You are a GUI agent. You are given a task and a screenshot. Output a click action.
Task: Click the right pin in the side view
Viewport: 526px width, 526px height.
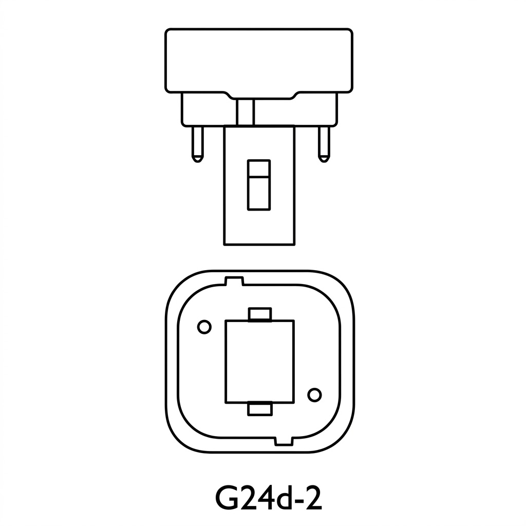click(324, 143)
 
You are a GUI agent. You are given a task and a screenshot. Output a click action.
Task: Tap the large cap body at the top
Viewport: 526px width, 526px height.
click(259, 59)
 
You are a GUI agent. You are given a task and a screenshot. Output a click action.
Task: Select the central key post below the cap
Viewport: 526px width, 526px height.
click(259, 226)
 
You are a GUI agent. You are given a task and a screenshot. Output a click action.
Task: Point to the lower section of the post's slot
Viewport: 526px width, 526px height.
click(259, 193)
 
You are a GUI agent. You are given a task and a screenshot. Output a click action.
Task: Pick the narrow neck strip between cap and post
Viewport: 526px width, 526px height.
click(246, 112)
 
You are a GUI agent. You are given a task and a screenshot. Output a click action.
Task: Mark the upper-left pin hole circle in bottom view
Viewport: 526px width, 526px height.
click(204, 327)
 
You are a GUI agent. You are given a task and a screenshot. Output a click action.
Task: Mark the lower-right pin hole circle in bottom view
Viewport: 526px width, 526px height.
click(314, 394)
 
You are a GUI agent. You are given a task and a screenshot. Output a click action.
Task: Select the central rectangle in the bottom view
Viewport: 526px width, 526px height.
click(260, 361)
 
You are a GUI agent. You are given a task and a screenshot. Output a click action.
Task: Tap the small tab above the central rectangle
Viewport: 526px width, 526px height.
click(260, 314)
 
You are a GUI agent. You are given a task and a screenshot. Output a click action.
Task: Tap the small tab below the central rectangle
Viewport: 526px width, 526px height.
click(260, 408)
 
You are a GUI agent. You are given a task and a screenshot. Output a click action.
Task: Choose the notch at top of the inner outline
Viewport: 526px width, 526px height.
click(234, 281)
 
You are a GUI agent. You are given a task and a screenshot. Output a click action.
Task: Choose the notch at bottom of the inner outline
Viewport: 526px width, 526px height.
click(284, 441)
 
